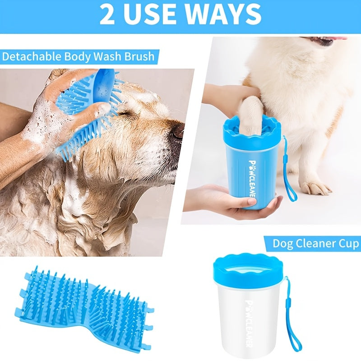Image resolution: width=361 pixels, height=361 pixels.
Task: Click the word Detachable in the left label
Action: pos(30,57)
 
